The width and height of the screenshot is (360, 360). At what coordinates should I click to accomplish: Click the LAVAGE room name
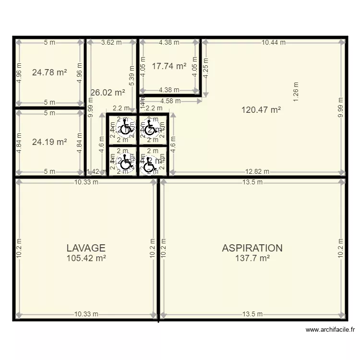[x=86, y=248]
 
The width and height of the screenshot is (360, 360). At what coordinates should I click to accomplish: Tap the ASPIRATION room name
[x=252, y=248]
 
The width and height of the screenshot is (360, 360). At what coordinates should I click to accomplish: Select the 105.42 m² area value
[x=86, y=258]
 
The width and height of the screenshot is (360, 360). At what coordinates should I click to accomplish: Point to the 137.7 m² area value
[x=252, y=258]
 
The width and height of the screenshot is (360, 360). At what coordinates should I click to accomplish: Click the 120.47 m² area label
[x=261, y=109]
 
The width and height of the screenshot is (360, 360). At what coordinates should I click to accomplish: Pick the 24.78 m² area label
[x=49, y=72]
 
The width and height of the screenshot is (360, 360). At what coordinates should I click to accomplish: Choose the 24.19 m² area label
[x=49, y=142]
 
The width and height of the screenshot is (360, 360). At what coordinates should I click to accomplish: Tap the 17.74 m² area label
[x=169, y=66]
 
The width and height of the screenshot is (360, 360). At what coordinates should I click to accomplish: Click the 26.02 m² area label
[x=108, y=93]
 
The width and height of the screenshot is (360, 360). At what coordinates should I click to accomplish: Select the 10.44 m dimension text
[x=274, y=42]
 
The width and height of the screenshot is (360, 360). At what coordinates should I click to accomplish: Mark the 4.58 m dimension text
[x=170, y=101]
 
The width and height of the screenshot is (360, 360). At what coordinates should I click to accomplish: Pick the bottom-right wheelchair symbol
[x=150, y=165]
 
